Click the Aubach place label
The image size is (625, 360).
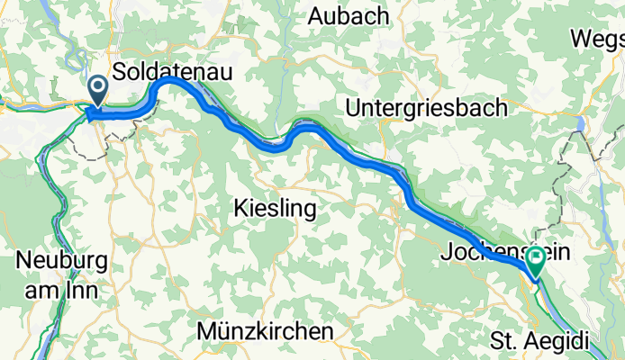349,16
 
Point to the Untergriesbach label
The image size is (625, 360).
426,107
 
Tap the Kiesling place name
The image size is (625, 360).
275,210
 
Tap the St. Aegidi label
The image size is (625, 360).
539,341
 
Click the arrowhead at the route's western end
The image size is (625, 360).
90,114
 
